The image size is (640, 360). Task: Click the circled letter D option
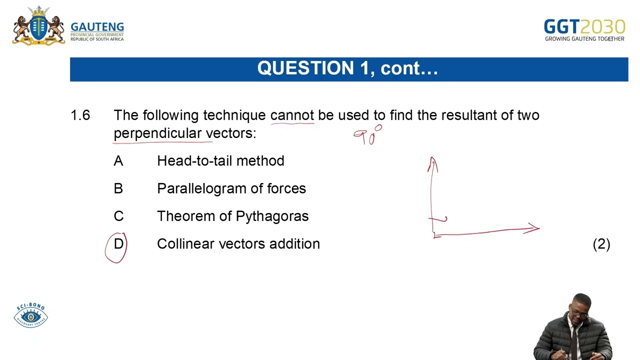click(x=118, y=244)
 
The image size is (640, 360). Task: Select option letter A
click(x=118, y=161)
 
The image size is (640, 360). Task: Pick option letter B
click(x=118, y=188)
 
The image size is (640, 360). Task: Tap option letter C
click(x=118, y=216)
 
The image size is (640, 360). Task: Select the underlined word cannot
click(x=292, y=115)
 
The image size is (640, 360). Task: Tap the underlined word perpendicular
click(x=157, y=133)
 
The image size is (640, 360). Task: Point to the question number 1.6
click(x=80, y=115)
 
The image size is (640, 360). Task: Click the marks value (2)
click(x=601, y=244)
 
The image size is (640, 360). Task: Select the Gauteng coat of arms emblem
click(x=38, y=26)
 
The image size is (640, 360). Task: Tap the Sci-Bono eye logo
click(x=30, y=316)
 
